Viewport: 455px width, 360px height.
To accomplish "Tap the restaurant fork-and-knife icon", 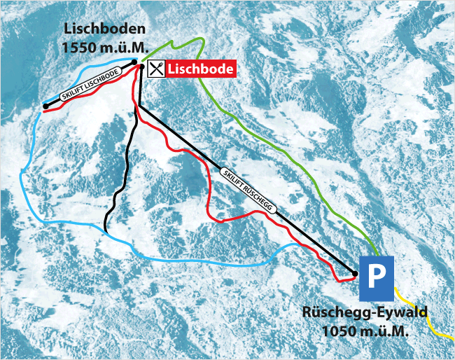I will [x=156, y=68].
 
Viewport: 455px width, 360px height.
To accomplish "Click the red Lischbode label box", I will [x=199, y=69].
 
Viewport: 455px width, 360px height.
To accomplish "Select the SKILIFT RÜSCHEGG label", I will [x=247, y=189].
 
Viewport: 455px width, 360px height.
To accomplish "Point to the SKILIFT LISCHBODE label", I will [x=90, y=88].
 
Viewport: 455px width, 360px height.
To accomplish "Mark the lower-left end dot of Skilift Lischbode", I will [x=45, y=106].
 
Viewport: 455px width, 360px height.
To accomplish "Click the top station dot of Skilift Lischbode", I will [x=133, y=62].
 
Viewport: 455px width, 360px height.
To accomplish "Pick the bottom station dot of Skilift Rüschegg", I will [x=355, y=274].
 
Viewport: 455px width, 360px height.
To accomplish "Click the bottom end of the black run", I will [x=104, y=230].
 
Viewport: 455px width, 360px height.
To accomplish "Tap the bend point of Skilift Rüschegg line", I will [x=140, y=106].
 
